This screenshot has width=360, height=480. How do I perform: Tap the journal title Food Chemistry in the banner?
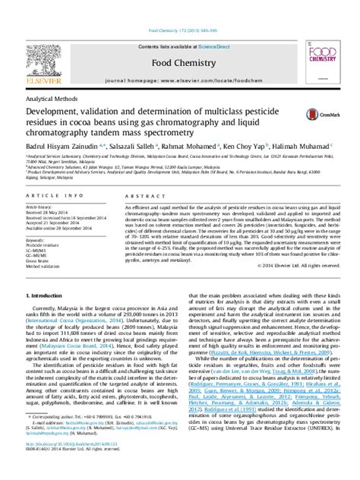pos(179,40)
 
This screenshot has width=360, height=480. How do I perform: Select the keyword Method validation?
pos(42,267)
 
